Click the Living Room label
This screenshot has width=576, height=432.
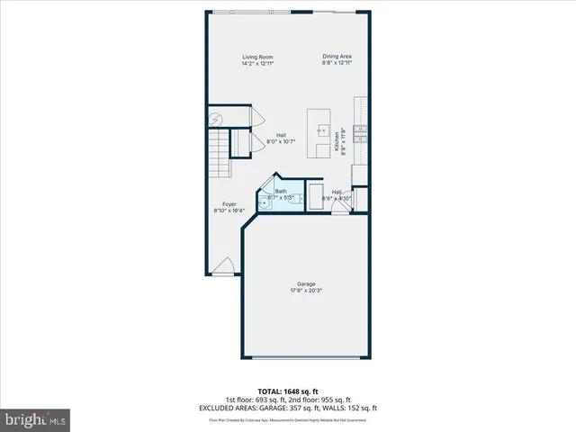(257, 58)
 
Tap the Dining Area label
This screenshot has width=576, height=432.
(337, 58)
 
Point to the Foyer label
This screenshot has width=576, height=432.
(225, 204)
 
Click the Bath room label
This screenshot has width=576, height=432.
(281, 191)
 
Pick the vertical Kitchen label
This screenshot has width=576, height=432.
(337, 141)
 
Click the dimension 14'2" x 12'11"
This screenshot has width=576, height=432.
(257, 64)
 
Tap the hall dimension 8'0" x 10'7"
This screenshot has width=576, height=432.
(282, 141)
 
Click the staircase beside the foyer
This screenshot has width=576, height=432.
(220, 153)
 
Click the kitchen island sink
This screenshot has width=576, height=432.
(319, 129)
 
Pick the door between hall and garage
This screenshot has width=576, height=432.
(339, 208)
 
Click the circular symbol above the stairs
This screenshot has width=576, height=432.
(216, 118)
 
